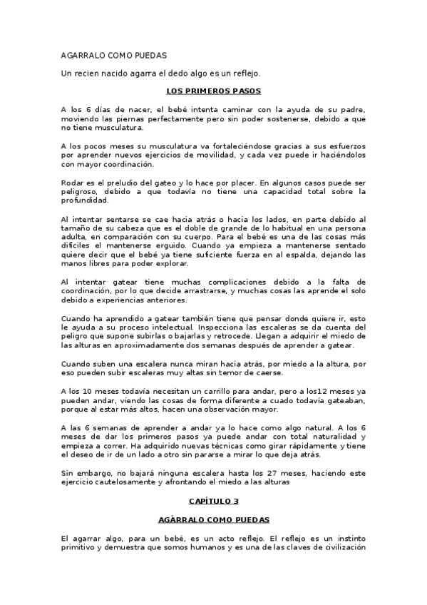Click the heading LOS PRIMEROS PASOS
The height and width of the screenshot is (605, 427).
click(x=213, y=91)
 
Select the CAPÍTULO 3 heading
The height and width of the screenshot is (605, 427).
click(x=213, y=501)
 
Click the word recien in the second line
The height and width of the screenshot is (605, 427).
click(x=92, y=73)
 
